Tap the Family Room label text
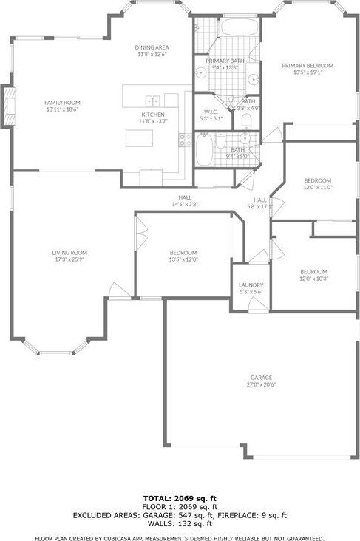[x=62, y=103]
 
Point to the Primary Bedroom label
[x=307, y=66]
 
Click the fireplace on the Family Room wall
[x=8, y=106]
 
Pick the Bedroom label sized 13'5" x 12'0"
[x=183, y=252]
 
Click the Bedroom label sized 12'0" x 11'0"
[x=317, y=180]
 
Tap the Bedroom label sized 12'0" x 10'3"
[x=313, y=271]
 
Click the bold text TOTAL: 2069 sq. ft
[x=180, y=499]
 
